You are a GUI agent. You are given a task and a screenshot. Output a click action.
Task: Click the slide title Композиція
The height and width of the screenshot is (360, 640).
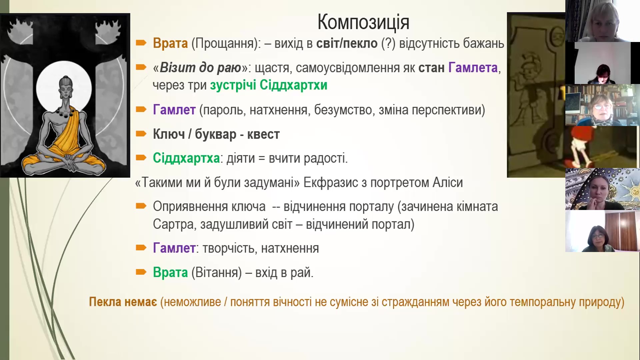point(363,23)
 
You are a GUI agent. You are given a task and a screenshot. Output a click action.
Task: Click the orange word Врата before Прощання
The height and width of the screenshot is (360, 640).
point(170,43)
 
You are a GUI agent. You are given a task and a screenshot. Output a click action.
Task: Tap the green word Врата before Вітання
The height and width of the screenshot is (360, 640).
point(170,272)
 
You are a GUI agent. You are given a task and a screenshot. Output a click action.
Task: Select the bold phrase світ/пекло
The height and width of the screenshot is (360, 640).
point(347,43)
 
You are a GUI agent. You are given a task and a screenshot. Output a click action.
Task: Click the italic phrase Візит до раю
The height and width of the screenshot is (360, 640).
point(200,68)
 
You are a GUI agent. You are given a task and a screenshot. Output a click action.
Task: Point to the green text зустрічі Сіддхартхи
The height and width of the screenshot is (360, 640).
point(269,85)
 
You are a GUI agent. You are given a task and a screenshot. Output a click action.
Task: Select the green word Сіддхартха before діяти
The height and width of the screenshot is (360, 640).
point(186,158)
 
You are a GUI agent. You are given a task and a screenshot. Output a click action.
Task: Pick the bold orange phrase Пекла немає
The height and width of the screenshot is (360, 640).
point(123,302)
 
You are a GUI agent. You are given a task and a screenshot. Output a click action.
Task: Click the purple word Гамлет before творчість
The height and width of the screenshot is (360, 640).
point(174,248)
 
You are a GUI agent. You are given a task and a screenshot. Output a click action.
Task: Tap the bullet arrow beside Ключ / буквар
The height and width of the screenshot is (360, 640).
point(141,134)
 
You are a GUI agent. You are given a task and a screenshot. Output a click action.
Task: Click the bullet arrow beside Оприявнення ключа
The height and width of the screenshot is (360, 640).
point(141,206)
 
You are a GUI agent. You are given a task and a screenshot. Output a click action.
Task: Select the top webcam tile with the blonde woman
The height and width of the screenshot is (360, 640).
point(603,21)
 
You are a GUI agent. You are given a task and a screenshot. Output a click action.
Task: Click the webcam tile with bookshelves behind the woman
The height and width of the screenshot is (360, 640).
point(603,105)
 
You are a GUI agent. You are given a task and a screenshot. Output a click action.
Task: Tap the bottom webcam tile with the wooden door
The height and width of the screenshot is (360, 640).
point(603,231)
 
